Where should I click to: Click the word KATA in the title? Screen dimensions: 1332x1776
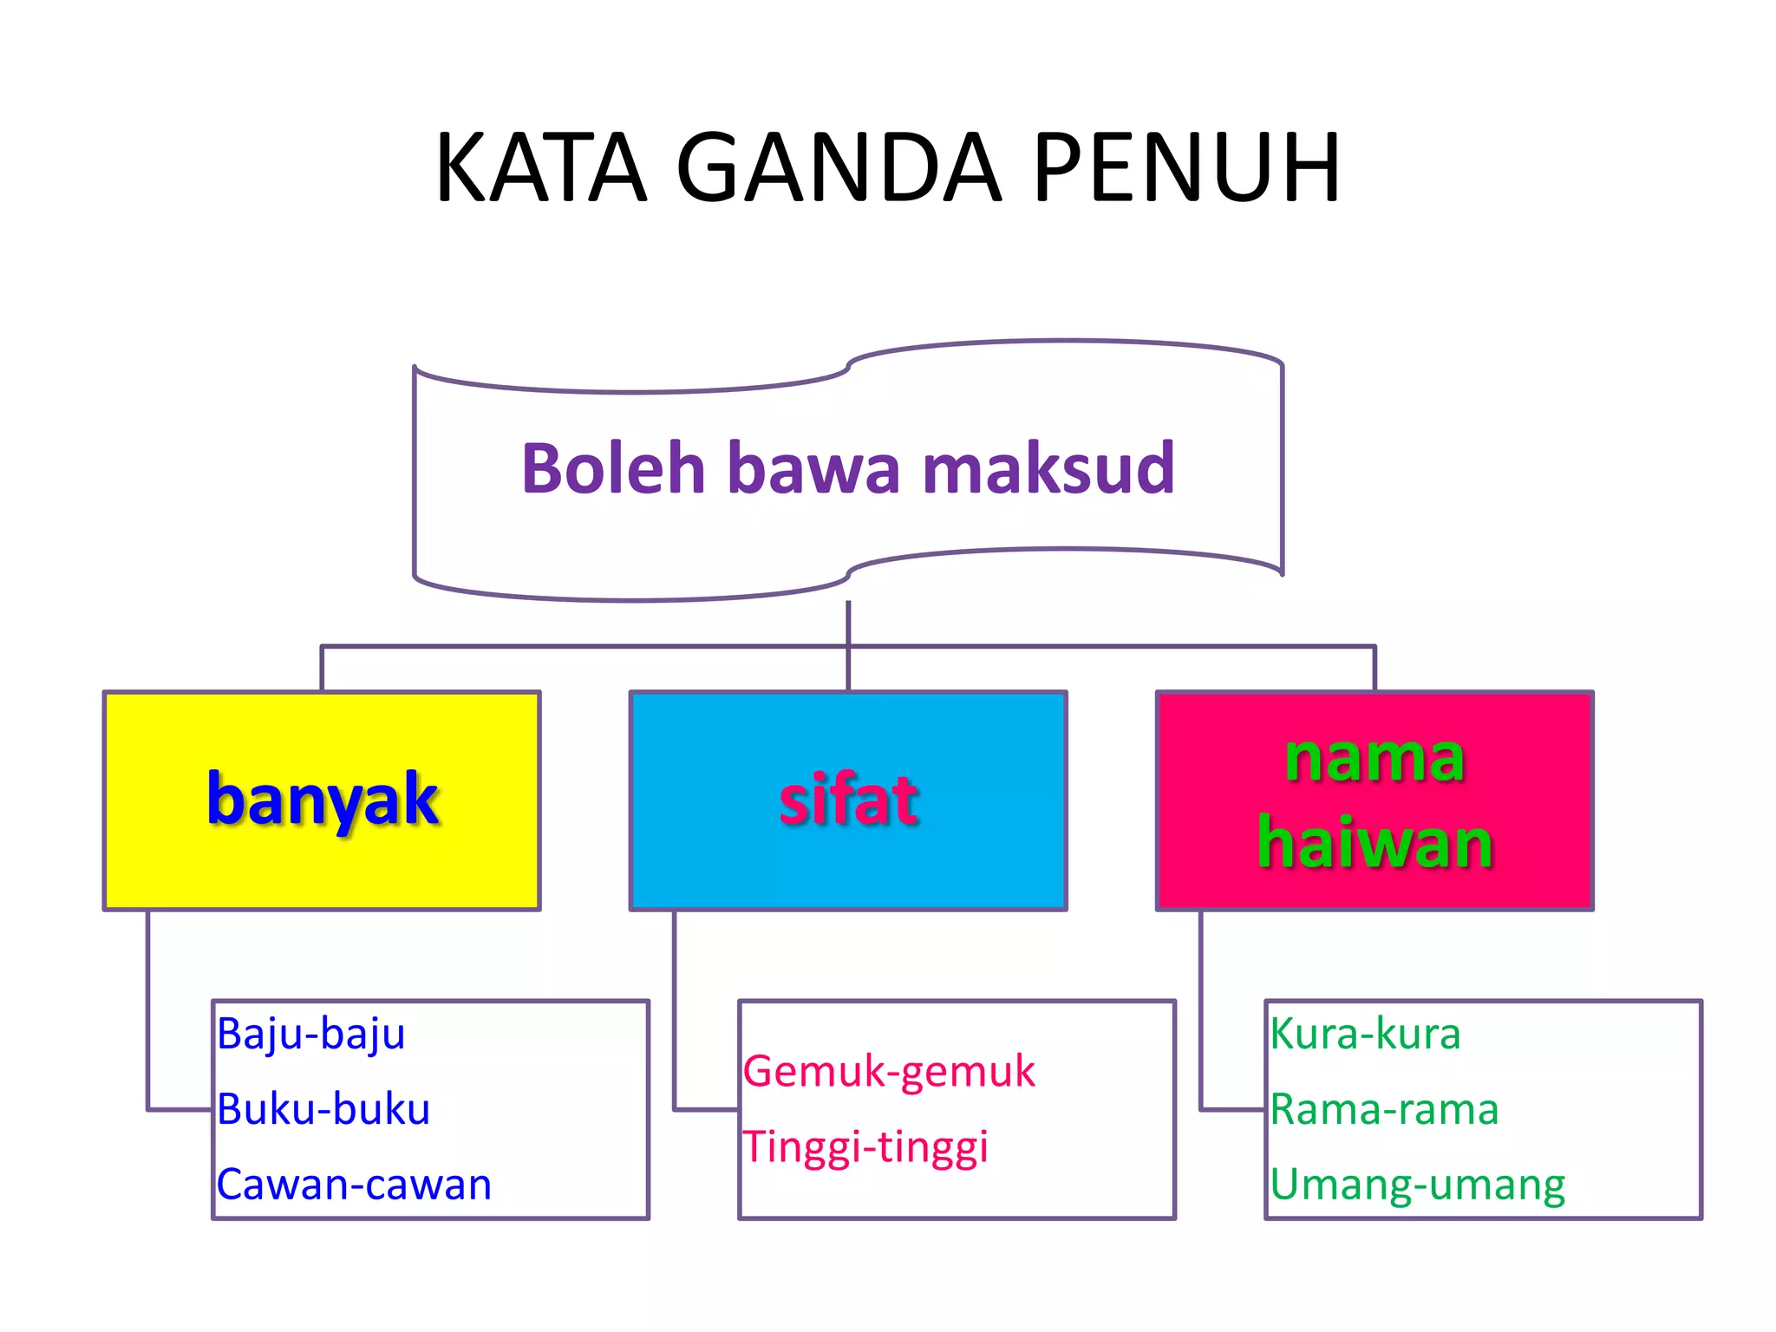tap(541, 168)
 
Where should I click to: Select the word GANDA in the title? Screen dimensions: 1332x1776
tap(839, 168)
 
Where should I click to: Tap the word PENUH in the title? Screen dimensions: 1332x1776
tap(1187, 168)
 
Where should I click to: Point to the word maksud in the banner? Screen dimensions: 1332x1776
tap(1048, 469)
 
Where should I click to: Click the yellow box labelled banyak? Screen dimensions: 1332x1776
tap(322, 800)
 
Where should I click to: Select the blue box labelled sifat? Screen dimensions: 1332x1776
tap(848, 800)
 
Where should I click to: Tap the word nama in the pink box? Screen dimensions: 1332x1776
tap(1374, 759)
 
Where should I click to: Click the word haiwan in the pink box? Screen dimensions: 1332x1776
tap(1374, 842)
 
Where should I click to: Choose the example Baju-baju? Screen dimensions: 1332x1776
tap(311, 1035)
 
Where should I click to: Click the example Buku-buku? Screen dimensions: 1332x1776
tap(323, 1110)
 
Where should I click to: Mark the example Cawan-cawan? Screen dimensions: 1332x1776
tap(354, 1185)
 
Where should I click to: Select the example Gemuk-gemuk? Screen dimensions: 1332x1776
tap(889, 1072)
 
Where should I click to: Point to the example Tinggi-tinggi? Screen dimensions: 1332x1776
tap(865, 1147)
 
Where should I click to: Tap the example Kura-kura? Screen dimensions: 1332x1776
tap(1366, 1035)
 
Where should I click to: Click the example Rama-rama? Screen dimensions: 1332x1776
tap(1385, 1110)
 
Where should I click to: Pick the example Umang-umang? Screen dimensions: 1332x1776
tap(1418, 1185)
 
